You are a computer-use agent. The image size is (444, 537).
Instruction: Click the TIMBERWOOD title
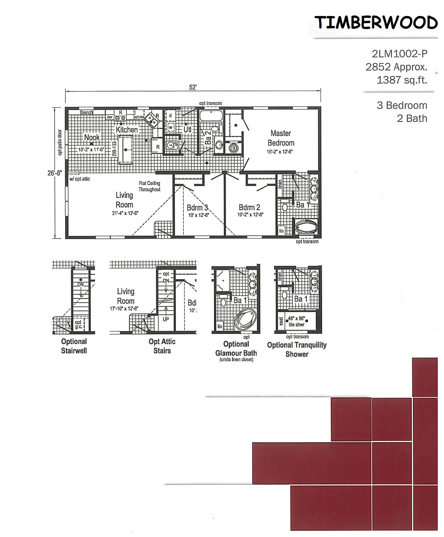coord(376,22)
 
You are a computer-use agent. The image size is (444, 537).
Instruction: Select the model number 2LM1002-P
coord(399,54)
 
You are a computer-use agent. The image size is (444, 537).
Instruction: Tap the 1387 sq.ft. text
coord(401,80)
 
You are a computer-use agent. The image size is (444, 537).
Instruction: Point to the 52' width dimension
coord(193,87)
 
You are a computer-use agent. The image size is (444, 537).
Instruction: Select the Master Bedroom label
coord(281,138)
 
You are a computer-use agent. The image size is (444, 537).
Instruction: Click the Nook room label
coord(92,137)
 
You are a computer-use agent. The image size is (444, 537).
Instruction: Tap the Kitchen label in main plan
coord(127,129)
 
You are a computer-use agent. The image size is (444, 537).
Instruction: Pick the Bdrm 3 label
coord(197,207)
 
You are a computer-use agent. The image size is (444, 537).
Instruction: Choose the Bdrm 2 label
coord(250,207)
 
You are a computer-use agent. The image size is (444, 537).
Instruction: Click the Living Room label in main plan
coord(124,200)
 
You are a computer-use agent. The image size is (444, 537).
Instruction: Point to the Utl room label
coord(187,128)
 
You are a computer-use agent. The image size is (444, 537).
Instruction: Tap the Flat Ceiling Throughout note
coord(149,186)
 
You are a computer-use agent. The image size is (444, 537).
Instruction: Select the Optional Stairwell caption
coord(74,346)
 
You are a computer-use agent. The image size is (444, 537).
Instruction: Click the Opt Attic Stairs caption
coord(162,346)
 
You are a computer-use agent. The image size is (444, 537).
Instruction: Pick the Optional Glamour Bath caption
coord(236,349)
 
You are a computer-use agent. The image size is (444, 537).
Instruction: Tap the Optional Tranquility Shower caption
coord(297,349)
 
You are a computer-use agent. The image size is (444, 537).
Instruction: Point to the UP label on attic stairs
coord(165,319)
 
